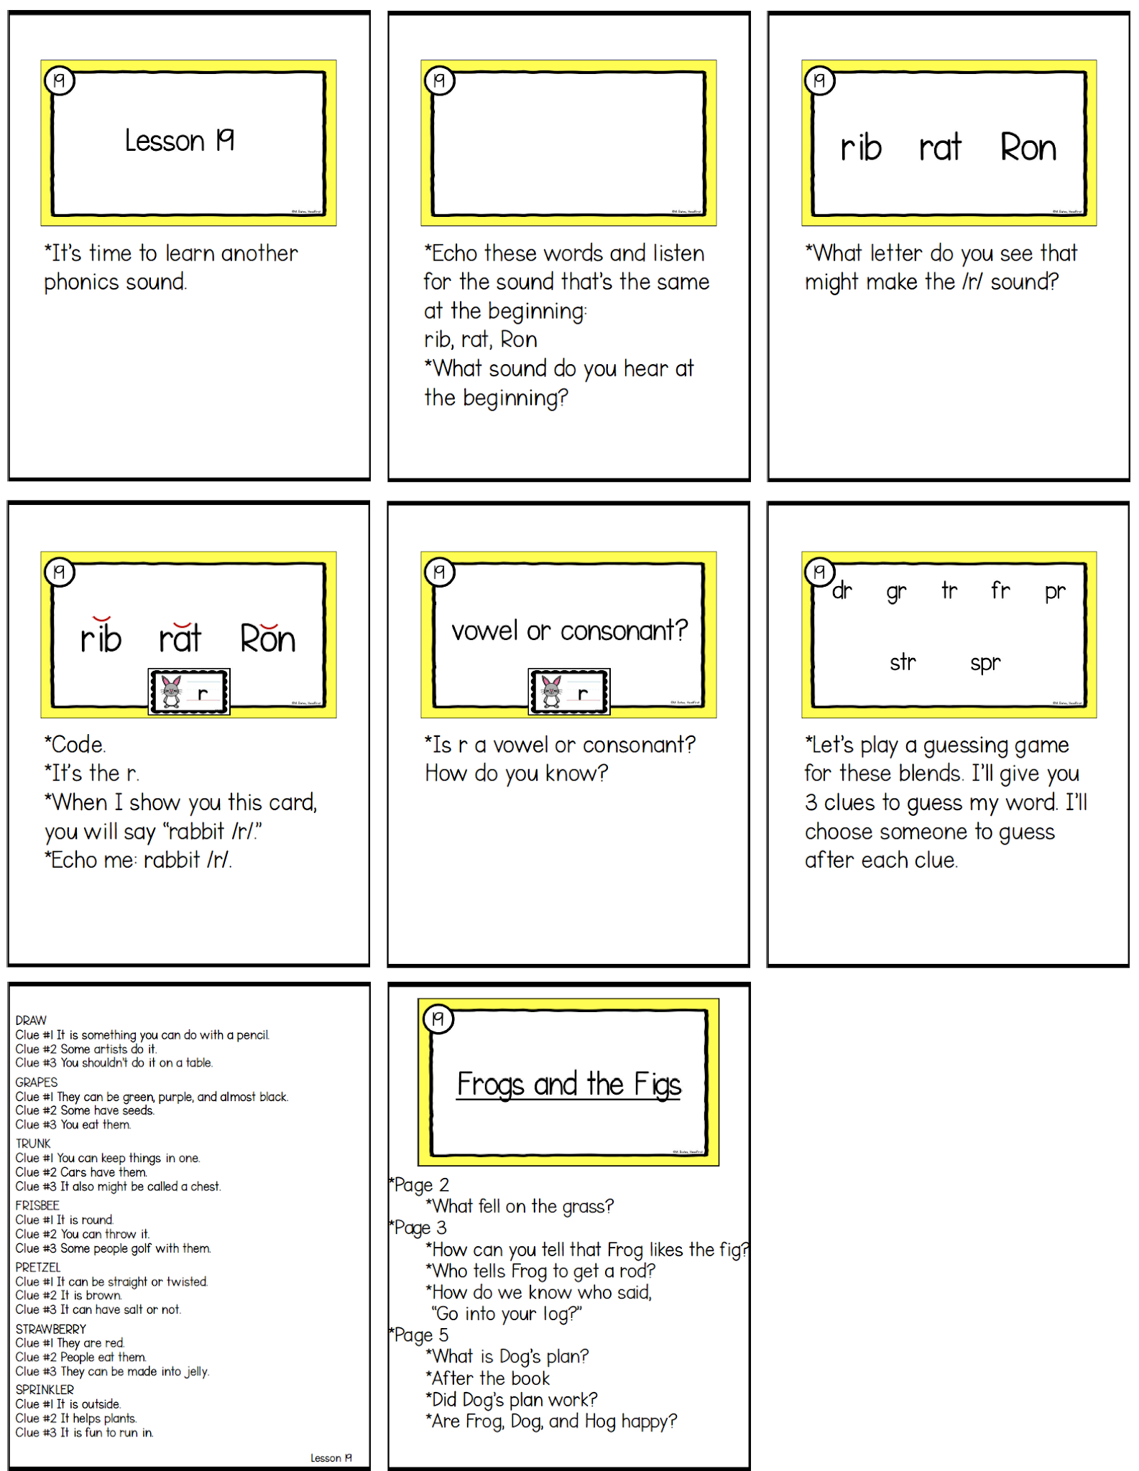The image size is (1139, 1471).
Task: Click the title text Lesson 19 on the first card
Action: pos(180,141)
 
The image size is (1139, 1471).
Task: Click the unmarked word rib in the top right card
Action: pos(861,148)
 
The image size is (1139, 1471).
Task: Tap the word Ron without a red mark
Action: pos(1028,148)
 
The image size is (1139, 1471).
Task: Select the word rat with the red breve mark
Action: pos(180,638)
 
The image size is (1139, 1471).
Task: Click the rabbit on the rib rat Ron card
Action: pos(172,692)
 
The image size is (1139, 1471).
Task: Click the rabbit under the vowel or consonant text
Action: pos(551,692)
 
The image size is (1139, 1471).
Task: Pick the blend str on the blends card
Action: pos(903,662)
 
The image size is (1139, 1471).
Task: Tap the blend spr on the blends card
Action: pos(984,662)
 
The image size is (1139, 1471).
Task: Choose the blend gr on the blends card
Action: pos(896,592)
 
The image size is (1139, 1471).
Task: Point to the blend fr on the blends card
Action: pos(1000,590)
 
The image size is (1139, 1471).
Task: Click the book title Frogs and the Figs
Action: pos(568,1084)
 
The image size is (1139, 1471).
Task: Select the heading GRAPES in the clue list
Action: pos(37,1082)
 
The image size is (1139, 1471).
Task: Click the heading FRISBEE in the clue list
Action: pos(37,1205)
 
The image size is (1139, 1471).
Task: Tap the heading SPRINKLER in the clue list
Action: pos(45,1390)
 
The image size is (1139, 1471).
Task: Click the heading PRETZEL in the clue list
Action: pos(38,1267)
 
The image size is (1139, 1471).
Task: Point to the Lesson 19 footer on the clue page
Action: pos(331,1457)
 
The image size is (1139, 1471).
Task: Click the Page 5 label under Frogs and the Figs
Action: pos(421,1335)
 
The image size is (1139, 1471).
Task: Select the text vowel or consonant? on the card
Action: pos(569,631)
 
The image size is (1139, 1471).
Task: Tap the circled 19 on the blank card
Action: pos(439,80)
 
